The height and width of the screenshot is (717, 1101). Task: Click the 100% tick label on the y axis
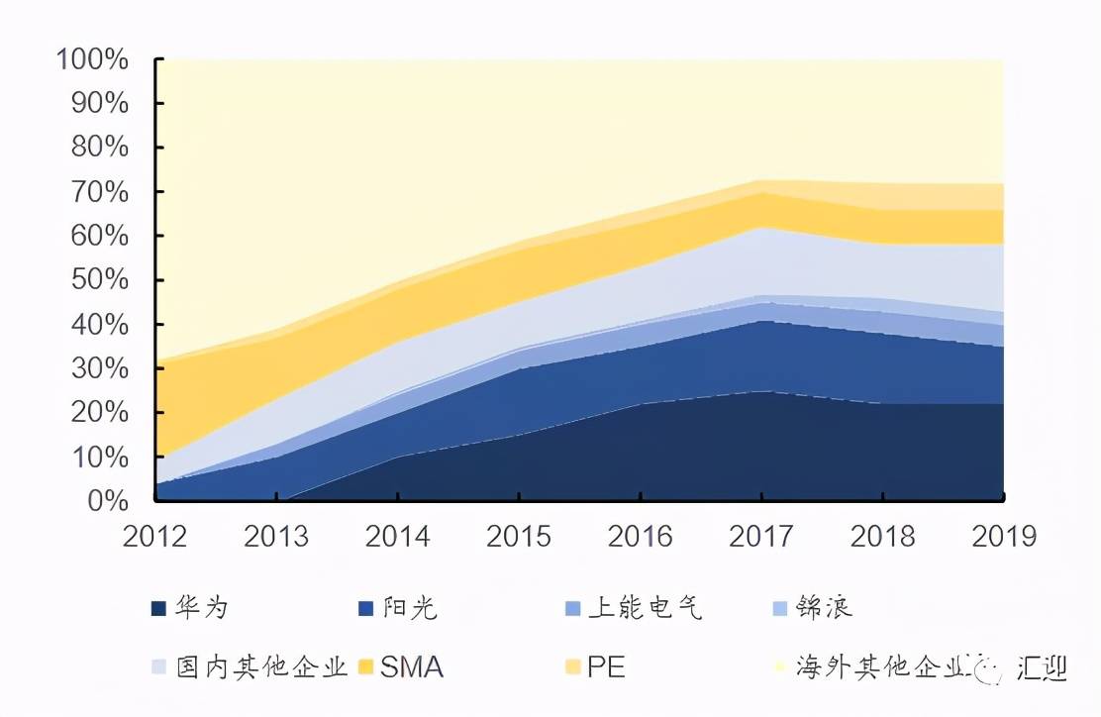pos(93,60)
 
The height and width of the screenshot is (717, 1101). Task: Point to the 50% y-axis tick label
pos(101,280)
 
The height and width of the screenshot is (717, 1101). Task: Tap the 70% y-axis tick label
pos(101,192)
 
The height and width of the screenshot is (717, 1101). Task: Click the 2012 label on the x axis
pos(155,536)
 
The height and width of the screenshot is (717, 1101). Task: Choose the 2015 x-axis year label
pos(520,536)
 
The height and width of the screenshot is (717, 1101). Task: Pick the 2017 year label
pos(761,536)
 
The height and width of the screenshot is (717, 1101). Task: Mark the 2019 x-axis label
pos(1004,536)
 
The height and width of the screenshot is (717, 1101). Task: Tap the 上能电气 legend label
pos(645,608)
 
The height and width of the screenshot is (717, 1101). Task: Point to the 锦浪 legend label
pos(824,608)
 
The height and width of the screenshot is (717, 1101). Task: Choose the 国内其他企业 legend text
pos(262,667)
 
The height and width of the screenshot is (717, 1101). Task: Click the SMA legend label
pos(412,667)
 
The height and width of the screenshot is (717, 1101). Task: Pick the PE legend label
pos(606,667)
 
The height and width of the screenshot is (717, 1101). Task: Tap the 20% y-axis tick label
pos(101,413)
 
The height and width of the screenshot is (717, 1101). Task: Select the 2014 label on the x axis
pos(398,536)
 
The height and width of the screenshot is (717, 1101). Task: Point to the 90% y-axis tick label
pos(101,104)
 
